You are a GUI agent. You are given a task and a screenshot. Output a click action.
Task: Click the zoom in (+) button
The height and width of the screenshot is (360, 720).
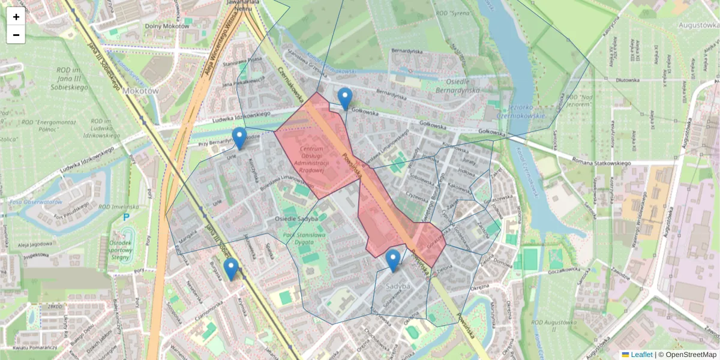(x=16, y=17)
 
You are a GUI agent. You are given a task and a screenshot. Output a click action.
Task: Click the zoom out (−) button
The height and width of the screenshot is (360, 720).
(x=16, y=35)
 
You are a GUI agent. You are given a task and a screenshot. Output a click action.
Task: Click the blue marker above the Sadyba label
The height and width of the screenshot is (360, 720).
(x=393, y=261)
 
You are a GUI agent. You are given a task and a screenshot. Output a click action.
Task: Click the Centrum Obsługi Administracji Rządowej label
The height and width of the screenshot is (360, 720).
(x=312, y=160)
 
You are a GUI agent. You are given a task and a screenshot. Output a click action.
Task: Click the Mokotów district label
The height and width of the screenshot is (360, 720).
(x=140, y=91)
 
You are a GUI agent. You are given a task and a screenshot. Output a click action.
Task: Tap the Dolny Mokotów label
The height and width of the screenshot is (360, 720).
(x=167, y=26)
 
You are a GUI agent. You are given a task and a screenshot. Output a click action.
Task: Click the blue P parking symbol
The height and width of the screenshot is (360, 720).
(x=125, y=217)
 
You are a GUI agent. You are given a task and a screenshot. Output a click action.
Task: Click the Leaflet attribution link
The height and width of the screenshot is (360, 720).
(x=641, y=355)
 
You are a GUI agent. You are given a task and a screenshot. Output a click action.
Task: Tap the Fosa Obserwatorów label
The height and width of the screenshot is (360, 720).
(x=35, y=202)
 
